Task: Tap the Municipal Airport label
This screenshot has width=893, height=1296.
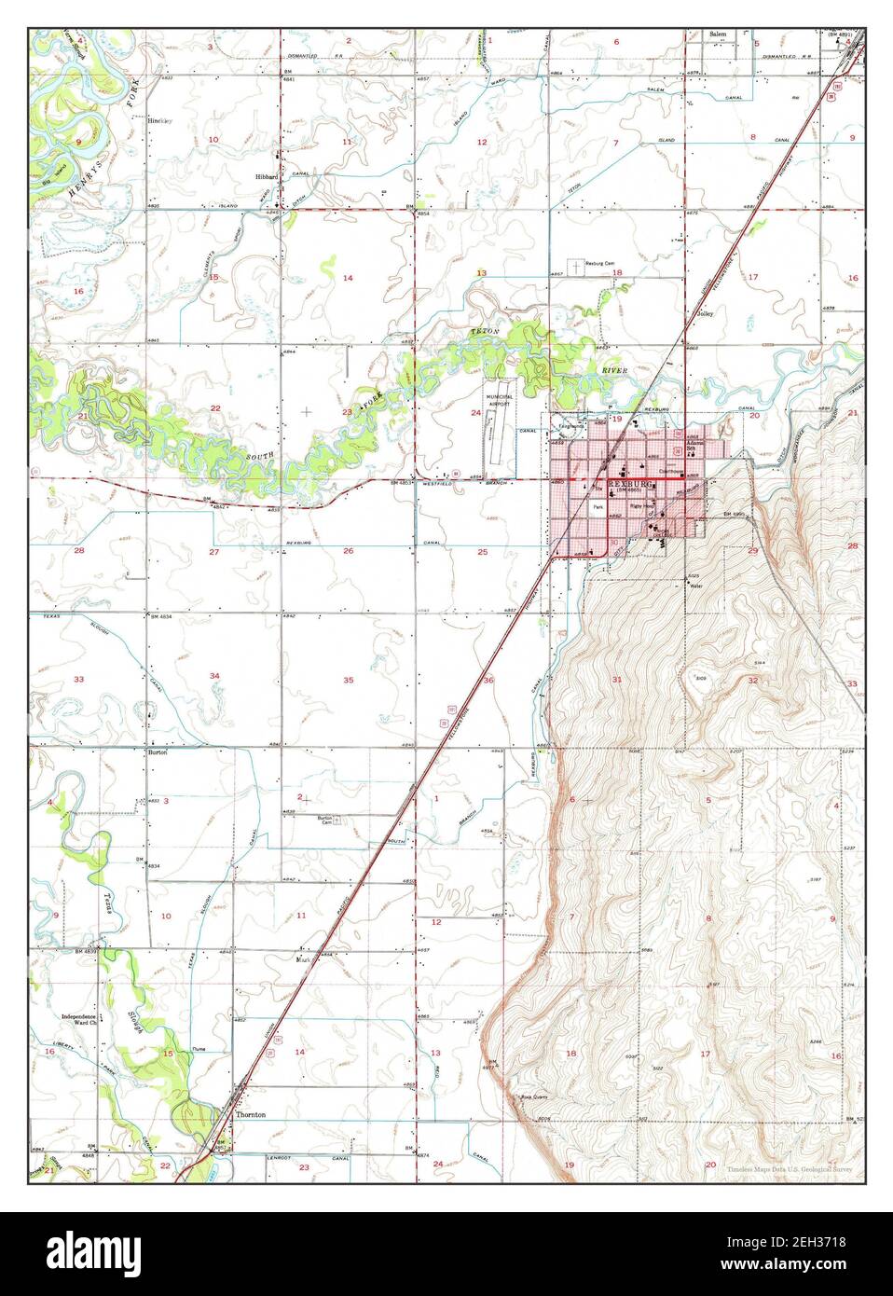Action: pyautogui.click(x=489, y=399)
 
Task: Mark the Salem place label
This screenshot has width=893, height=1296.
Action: pyautogui.click(x=718, y=34)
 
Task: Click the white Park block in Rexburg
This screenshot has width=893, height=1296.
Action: pyautogui.click(x=598, y=508)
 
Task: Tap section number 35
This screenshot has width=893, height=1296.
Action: pyautogui.click(x=349, y=680)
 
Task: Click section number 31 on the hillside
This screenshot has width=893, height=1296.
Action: pyautogui.click(x=616, y=680)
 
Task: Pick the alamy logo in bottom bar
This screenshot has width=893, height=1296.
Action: pyautogui.click(x=103, y=1253)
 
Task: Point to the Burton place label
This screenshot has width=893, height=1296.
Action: pyautogui.click(x=157, y=751)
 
